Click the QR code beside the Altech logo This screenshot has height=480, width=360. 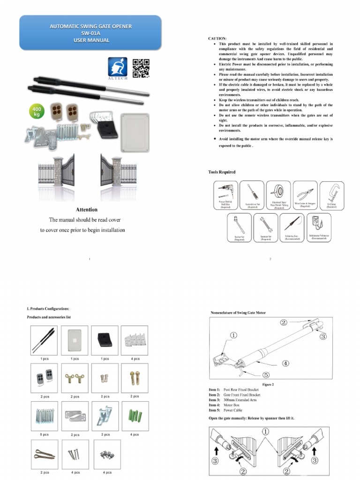click(141, 68)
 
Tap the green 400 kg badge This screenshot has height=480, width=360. click(36, 112)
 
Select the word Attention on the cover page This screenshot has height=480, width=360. click(87, 210)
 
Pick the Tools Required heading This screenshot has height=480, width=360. click(222, 172)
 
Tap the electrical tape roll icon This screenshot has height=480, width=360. click(278, 192)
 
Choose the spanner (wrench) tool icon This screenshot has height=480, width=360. click(265, 225)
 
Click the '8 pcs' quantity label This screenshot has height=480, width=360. click(45, 435)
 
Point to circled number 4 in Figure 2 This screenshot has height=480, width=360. click(285, 363)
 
